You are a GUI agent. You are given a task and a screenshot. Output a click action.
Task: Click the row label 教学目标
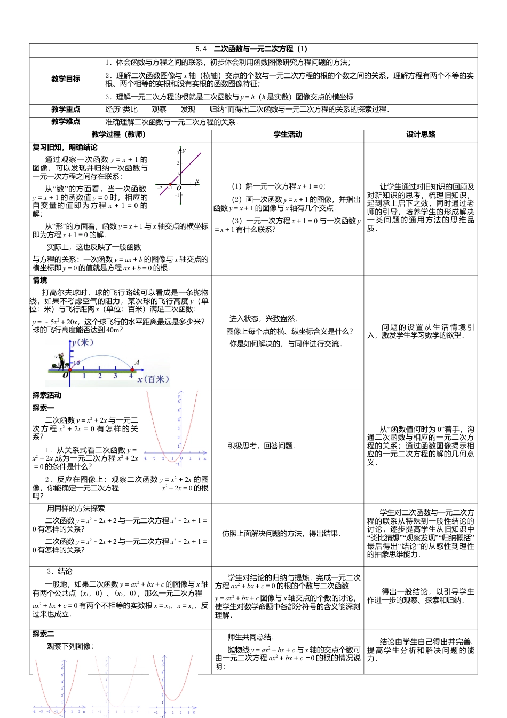click(x=66, y=79)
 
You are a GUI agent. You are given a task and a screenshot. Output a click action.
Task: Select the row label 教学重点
click(x=66, y=110)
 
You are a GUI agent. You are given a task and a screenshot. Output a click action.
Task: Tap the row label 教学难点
click(x=66, y=122)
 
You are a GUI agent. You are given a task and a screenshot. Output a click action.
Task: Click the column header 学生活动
click(x=288, y=135)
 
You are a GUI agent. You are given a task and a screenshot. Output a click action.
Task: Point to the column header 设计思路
click(x=421, y=135)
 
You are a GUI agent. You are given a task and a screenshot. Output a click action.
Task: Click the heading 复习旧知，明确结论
click(x=65, y=147)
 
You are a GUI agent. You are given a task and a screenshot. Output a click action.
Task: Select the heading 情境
click(x=40, y=280)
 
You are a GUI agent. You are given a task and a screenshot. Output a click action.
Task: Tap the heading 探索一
click(x=43, y=408)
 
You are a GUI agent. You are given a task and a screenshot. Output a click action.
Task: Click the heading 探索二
click(x=43, y=634)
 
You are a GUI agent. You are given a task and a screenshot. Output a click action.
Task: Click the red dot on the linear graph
click(x=171, y=187)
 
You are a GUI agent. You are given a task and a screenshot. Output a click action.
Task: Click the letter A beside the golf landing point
click(x=137, y=363)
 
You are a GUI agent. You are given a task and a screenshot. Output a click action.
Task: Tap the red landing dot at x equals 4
click(x=132, y=369)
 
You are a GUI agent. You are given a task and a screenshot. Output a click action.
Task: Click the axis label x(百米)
click(x=153, y=379)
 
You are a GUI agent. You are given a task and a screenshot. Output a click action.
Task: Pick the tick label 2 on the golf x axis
click(x=100, y=376)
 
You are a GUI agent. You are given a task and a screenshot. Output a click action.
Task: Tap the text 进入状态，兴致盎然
click(x=263, y=319)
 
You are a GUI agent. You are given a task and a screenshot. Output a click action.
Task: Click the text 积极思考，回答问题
click(x=262, y=446)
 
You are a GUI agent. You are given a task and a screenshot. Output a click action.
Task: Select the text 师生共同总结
click(x=250, y=637)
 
